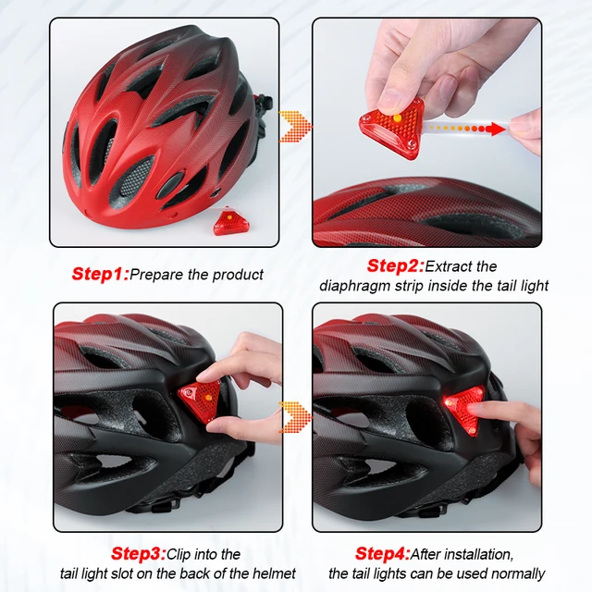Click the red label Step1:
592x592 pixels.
(100, 274)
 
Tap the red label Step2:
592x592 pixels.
(394, 266)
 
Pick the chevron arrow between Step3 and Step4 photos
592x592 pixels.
(296, 416)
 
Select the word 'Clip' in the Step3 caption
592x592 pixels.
(181, 554)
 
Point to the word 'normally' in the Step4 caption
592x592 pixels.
(513, 574)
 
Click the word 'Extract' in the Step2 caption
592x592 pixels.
(451, 266)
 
